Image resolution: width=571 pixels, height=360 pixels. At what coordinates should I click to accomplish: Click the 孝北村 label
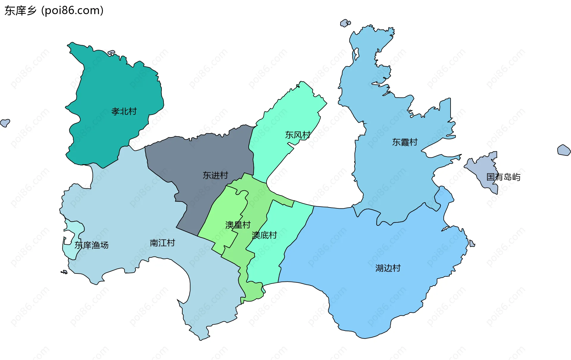[x=124, y=111]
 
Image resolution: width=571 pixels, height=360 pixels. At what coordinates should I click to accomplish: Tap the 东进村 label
[x=215, y=175]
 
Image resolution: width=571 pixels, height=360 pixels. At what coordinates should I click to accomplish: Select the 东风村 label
[x=298, y=135]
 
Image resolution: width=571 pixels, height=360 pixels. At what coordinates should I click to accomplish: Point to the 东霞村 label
[x=405, y=142]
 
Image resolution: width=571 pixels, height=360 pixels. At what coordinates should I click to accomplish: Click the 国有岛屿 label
[x=503, y=177]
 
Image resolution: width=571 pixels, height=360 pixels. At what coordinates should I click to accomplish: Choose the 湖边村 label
[x=388, y=268]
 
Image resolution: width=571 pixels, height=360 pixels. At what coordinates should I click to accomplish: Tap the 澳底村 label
[x=264, y=235]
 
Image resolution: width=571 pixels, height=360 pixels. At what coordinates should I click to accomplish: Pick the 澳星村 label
[x=238, y=225]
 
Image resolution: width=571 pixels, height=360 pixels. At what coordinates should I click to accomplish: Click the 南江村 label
[x=162, y=243]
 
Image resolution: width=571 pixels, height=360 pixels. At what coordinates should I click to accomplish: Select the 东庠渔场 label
[x=91, y=245]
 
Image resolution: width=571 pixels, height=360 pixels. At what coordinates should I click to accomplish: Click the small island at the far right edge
[x=564, y=150]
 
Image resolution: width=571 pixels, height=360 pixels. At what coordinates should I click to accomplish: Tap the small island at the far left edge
[x=5, y=122]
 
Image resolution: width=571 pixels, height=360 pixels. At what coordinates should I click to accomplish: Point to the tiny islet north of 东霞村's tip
[x=345, y=23]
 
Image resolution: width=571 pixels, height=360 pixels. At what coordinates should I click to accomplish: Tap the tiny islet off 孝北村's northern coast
[x=111, y=53]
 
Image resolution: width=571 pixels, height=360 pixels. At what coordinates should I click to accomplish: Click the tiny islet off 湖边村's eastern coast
[x=472, y=244]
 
